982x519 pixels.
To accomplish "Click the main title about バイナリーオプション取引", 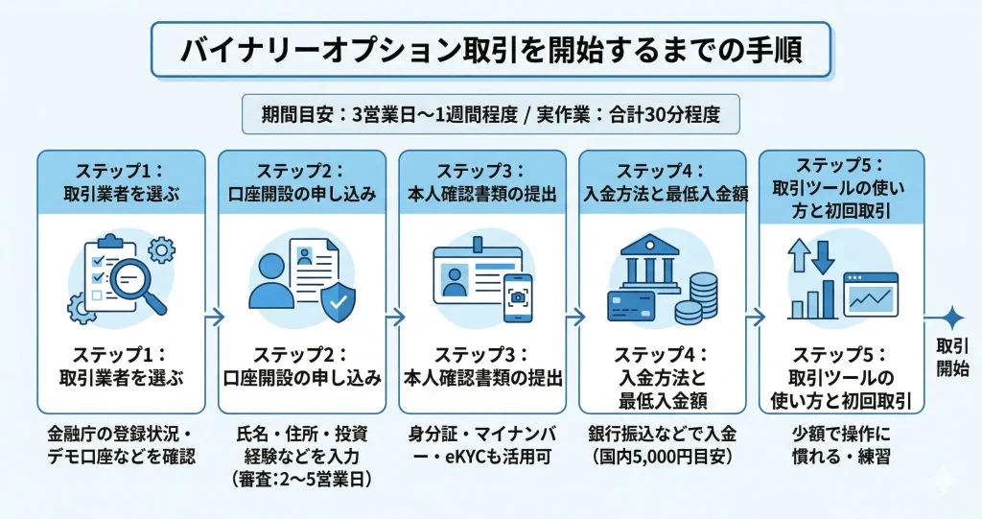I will pos(490,50).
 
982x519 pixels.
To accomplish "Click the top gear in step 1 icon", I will pos(163,250).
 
